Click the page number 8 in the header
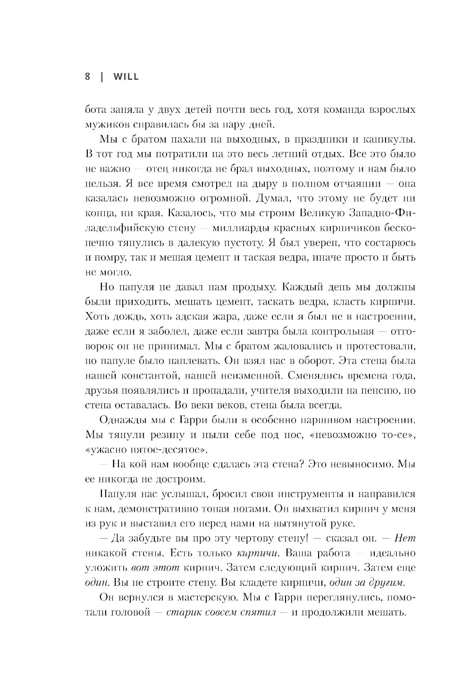88,76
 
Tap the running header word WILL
126,76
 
